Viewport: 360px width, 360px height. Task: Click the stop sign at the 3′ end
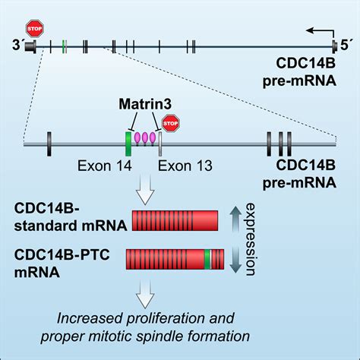coord(32,29)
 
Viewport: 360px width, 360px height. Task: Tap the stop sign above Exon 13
coord(171,122)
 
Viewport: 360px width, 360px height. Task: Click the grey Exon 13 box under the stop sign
coord(160,142)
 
